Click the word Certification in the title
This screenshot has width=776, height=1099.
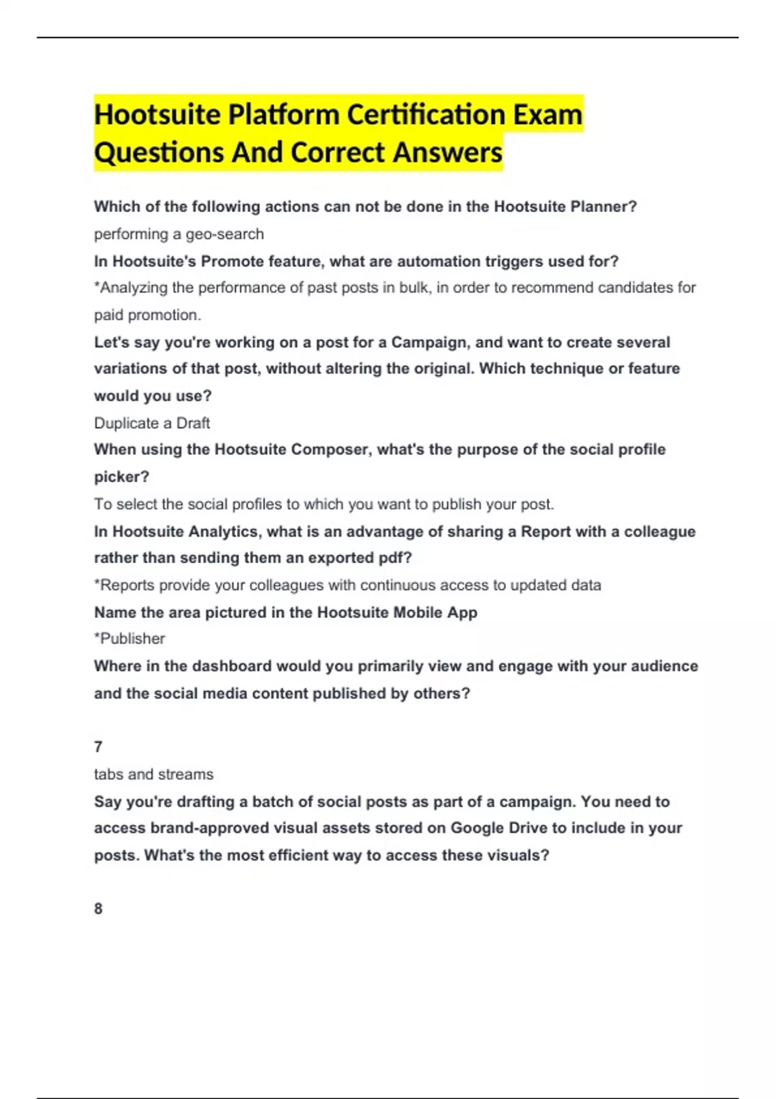coord(426,115)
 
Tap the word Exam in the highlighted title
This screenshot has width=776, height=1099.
coord(548,115)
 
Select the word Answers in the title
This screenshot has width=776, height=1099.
coord(447,153)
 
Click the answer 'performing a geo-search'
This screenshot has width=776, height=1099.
coord(179,234)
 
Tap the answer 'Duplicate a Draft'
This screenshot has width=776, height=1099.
coord(152,423)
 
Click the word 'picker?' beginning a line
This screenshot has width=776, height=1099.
coord(122,476)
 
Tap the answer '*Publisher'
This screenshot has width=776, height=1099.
coord(129,639)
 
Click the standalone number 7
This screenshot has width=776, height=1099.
coord(98,747)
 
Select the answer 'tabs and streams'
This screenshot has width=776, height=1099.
coord(153,774)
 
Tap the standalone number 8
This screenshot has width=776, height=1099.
coord(98,908)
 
